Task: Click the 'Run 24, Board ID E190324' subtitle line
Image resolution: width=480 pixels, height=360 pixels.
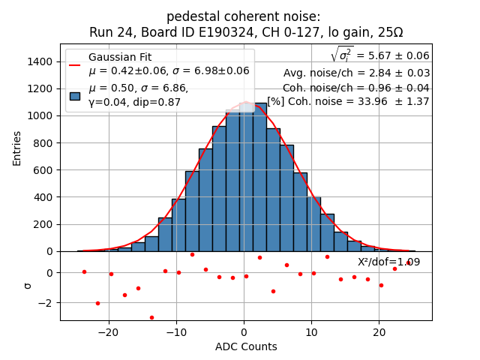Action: (246, 32)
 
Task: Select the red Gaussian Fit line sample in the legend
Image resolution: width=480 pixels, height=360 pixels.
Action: (75, 64)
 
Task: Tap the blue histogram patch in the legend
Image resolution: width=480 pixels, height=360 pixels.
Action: (75, 95)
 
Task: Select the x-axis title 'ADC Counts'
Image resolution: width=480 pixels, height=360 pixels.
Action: (246, 346)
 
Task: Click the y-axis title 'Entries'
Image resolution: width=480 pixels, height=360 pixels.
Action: (17, 148)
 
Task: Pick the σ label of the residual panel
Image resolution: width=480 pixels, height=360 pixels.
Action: (28, 286)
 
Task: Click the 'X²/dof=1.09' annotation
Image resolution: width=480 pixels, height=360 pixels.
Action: (388, 262)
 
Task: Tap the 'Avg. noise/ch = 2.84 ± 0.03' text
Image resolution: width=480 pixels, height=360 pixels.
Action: (356, 73)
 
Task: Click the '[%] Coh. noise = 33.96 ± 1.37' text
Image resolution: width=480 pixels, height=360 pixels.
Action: (348, 101)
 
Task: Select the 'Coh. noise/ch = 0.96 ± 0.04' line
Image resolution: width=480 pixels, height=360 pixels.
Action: (356, 87)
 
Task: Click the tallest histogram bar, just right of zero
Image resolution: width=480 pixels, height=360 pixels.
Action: (259, 180)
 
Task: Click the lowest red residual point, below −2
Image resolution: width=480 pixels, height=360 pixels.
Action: (151, 317)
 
